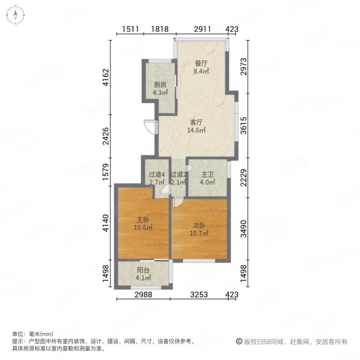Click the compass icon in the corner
point(15,15)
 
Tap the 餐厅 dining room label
point(201,63)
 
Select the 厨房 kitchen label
point(160,85)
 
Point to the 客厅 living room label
point(196,122)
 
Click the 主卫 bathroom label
point(207,174)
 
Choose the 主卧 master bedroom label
point(143,220)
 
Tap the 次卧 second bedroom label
point(199,226)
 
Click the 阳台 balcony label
point(143,270)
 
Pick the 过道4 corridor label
point(157,174)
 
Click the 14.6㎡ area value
point(196,130)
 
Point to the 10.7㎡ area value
point(199,234)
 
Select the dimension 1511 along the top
point(130,29)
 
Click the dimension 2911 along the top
point(202,29)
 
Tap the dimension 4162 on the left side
point(106,77)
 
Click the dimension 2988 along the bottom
point(143,294)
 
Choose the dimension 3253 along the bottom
point(199,294)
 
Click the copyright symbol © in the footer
point(239,342)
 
